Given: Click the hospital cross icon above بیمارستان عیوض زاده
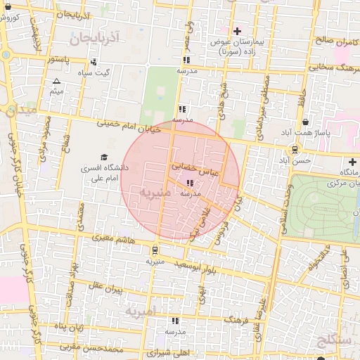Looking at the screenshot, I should (x=237, y=31).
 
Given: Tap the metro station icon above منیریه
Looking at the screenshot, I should (x=155, y=250).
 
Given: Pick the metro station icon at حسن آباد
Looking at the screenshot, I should (x=294, y=149).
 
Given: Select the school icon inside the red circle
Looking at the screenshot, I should (x=191, y=182).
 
